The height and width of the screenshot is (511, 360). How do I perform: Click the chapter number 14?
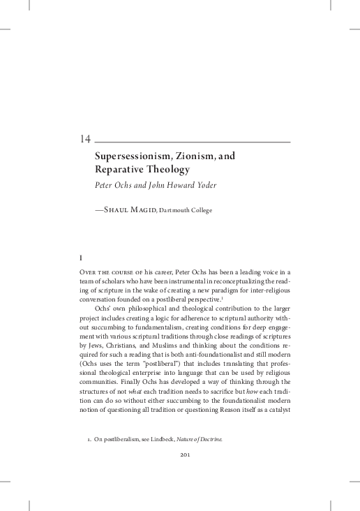(86, 139)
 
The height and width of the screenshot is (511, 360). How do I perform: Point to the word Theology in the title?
(168, 170)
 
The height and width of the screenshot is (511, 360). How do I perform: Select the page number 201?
(180, 475)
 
